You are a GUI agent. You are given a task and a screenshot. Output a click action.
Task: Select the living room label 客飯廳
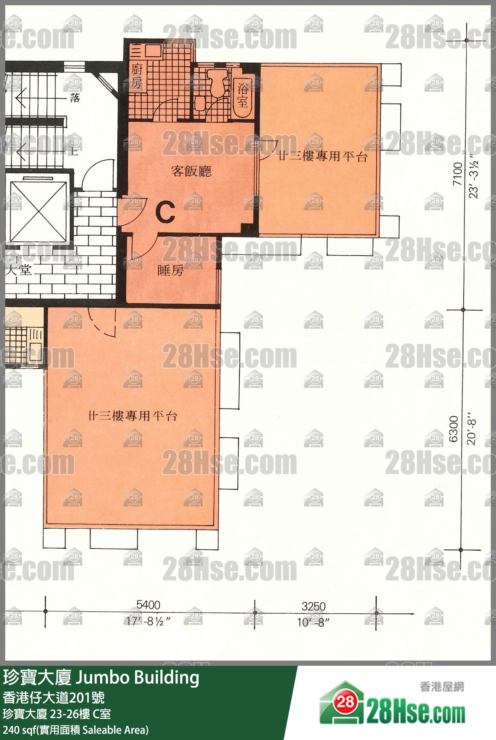pos(191,171)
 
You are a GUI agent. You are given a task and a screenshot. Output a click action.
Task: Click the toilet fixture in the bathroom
pos(217,83)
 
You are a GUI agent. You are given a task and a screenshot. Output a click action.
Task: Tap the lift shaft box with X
pos(38,212)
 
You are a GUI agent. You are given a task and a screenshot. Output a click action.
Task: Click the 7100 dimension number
pos(458,174)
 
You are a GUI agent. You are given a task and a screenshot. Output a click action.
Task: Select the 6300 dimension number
pos(454,429)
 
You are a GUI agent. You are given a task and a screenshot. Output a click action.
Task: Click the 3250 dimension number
pos(313,606)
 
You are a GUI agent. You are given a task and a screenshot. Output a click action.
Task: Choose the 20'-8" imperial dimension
pos(471,428)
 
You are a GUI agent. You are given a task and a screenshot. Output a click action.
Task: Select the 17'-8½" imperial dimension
pos(148,621)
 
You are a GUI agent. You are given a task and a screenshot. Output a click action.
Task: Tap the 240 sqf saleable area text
pos(75,730)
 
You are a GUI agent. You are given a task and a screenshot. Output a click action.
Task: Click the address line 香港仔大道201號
pos(54,698)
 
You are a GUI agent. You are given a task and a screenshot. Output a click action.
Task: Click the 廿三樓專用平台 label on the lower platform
pos(133,416)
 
